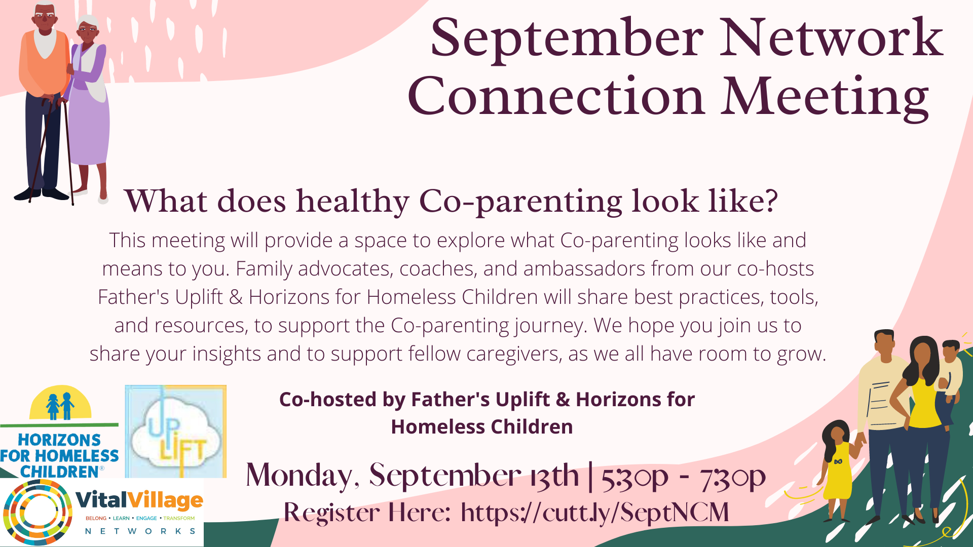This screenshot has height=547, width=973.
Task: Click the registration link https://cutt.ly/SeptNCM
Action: [x=595, y=512]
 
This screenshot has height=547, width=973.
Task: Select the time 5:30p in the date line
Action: [x=635, y=476]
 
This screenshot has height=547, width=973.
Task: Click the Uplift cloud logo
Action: [x=175, y=432]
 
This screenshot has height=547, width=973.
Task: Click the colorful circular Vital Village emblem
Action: [x=37, y=512]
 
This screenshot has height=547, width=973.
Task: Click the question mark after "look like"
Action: [x=770, y=202]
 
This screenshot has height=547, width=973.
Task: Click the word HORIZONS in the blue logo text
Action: [x=59, y=440]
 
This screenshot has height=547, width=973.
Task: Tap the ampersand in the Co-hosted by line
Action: [x=563, y=400]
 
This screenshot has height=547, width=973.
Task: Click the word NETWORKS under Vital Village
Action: [x=140, y=531]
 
